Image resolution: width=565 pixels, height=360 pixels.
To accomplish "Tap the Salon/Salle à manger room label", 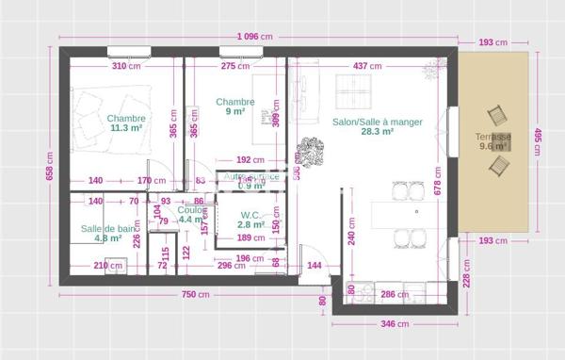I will coord(377,123).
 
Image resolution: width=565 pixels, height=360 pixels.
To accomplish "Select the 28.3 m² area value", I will coord(377,133).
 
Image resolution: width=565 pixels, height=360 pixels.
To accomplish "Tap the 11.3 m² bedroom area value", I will coord(126,128).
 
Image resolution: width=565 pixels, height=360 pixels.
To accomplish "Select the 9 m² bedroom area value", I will coord(235,112).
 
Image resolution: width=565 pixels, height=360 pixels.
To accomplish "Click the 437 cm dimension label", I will coord(366,67).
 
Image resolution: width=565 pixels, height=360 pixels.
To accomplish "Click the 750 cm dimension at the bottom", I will coord(195,295).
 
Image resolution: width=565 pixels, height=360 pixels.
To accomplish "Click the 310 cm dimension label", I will coord(125,67).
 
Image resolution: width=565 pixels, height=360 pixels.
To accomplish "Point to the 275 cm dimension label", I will coord(234,67).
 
